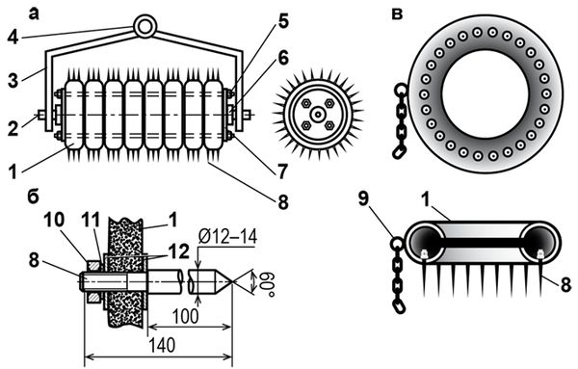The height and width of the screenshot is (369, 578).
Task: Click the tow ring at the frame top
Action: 145,19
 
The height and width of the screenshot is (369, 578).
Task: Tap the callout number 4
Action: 13,36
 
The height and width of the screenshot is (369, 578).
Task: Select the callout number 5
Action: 282,22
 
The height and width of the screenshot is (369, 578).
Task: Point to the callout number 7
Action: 282,171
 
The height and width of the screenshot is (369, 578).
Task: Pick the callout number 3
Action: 13,80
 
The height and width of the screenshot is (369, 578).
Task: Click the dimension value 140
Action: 162,346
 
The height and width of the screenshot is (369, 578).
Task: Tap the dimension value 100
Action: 186,316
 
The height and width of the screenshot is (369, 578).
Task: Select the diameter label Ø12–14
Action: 227,237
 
